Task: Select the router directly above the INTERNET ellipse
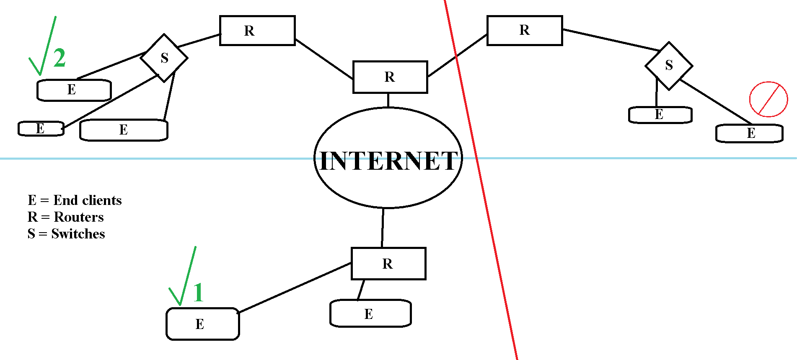(x=390, y=77)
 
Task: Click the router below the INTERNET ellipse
(x=388, y=264)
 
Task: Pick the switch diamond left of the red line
(x=164, y=58)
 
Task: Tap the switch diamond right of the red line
(x=669, y=65)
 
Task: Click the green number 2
(x=60, y=58)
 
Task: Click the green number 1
(x=199, y=292)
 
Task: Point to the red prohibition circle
(x=769, y=99)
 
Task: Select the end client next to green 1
(x=203, y=324)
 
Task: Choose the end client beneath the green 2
(x=74, y=90)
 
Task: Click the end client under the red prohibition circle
(x=749, y=133)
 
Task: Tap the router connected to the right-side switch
(x=525, y=30)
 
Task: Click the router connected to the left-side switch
(x=257, y=31)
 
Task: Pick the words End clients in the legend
(x=87, y=200)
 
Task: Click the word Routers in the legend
(x=79, y=217)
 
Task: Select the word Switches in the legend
(x=78, y=234)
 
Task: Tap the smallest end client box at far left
(x=41, y=129)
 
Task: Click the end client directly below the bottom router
(x=370, y=313)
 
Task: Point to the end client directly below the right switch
(x=660, y=115)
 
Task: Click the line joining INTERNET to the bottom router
(x=383, y=228)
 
